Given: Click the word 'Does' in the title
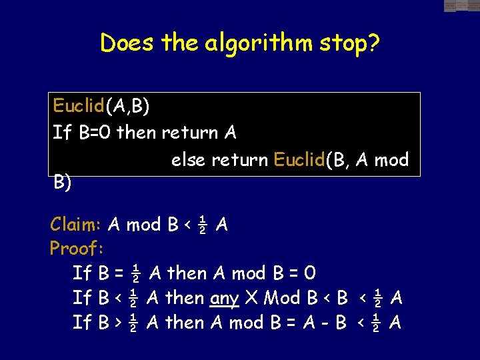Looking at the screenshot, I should pyautogui.click(x=124, y=43).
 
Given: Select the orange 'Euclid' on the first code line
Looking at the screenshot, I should pyautogui.click(x=77, y=105).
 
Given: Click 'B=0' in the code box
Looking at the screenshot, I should pyautogui.click(x=95, y=133).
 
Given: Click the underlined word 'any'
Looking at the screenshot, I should pyautogui.click(x=225, y=298).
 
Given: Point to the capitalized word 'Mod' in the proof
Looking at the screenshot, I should pyautogui.click(x=281, y=298).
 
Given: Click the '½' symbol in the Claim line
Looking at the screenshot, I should pyautogui.click(x=203, y=225).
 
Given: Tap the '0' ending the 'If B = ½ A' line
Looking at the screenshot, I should pyautogui.click(x=309, y=273).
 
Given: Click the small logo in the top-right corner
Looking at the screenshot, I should pyautogui.click(x=461, y=6).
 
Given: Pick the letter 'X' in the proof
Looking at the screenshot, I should pyautogui.click(x=253, y=298).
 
